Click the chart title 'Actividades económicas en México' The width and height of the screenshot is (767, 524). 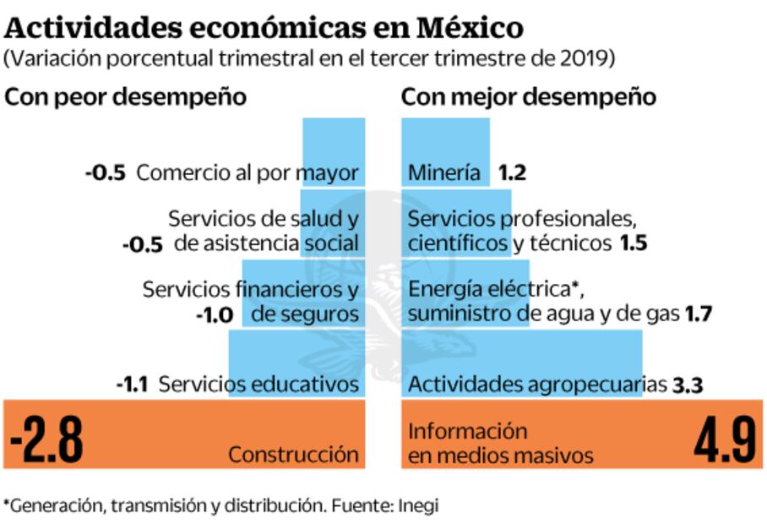click(264, 27)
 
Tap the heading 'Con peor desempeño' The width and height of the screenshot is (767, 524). click(126, 96)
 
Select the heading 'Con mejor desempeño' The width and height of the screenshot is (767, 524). click(528, 96)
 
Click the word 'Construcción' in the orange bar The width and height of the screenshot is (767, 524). click(293, 454)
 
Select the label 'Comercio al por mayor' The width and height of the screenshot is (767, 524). click(248, 173)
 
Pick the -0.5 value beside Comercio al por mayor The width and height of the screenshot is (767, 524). click(106, 173)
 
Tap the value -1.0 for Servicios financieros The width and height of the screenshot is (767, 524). click(215, 314)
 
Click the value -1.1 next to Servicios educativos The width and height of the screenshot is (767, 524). click(133, 385)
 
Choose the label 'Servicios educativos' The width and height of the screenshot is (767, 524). click(258, 385)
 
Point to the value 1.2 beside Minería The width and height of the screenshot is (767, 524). click(512, 173)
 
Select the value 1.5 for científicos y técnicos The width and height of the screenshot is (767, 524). click(633, 244)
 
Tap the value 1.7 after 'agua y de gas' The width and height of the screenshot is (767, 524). click(699, 314)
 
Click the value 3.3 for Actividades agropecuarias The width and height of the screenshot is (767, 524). click(688, 386)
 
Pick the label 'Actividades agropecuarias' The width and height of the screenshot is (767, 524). click(537, 385)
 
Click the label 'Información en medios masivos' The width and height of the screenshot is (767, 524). click(501, 443)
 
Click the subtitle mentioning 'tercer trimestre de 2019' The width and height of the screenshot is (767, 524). click(309, 59)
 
